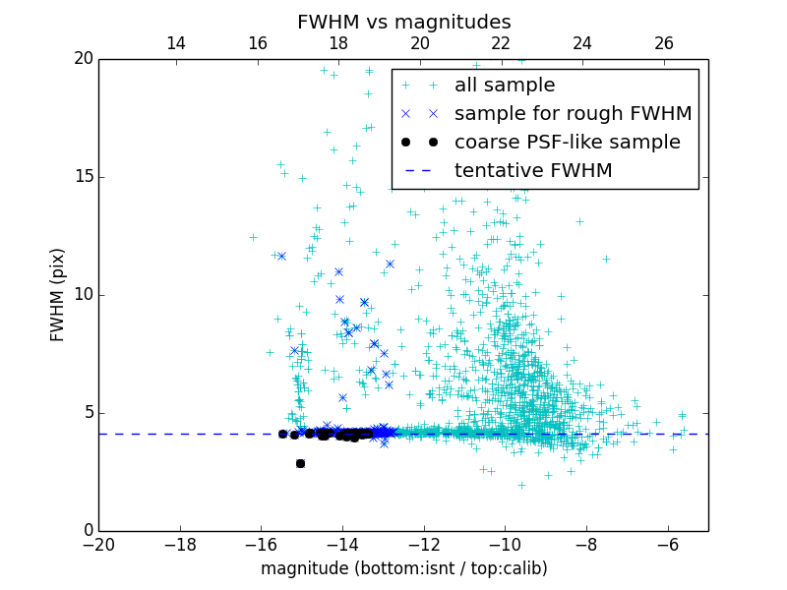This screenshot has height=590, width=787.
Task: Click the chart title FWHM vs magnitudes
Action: tap(403, 22)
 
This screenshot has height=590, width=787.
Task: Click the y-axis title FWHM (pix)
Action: tap(58, 295)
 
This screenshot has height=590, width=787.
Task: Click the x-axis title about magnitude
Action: tap(403, 568)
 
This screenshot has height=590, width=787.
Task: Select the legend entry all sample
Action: tap(504, 86)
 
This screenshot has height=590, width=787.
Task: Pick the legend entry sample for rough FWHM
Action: tap(573, 113)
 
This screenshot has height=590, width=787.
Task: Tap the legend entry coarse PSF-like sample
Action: tap(567, 142)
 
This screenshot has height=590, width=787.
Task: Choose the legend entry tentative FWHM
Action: tap(533, 170)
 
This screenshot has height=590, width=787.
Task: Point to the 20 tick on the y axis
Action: tap(82, 59)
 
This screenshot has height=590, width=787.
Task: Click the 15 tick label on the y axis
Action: tap(82, 177)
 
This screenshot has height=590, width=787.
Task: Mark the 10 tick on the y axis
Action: tap(82, 295)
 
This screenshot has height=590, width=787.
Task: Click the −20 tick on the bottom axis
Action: tap(98, 544)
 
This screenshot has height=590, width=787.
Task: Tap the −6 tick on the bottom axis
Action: tap(667, 544)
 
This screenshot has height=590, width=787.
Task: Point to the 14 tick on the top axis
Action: tap(176, 43)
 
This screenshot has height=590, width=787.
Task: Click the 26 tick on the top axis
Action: tap(664, 43)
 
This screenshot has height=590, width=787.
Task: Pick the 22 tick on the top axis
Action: tap(501, 43)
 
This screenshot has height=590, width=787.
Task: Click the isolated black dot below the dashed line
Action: tap(300, 463)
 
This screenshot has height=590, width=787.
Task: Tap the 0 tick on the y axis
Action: tap(88, 531)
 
